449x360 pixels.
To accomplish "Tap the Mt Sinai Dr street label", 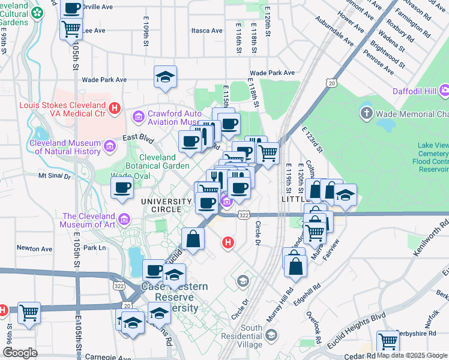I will pyautogui.click(x=55, y=176).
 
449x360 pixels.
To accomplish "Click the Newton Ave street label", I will pyautogui.click(x=34, y=248).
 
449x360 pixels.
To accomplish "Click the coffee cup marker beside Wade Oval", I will pyautogui.click(x=122, y=188).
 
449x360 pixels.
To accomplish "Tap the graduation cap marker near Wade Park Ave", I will pyautogui.click(x=165, y=77).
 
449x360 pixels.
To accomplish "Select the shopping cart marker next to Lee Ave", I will pyautogui.click(x=71, y=28).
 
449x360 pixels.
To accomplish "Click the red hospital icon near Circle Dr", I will pyautogui.click(x=228, y=242).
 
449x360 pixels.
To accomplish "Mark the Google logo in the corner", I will pyautogui.click(x=20, y=353).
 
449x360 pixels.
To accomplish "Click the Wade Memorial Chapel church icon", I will pyautogui.click(x=367, y=113).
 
